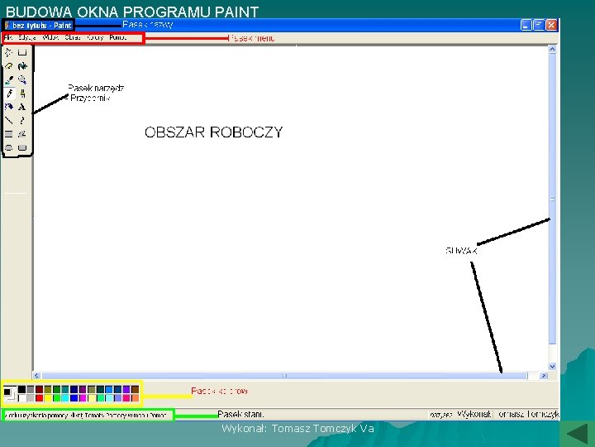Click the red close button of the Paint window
click(x=551, y=26)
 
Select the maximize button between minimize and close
click(x=539, y=26)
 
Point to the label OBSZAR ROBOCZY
click(x=213, y=132)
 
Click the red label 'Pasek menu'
click(x=251, y=39)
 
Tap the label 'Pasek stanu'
click(x=240, y=413)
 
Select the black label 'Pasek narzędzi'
click(x=96, y=88)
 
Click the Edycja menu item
click(x=27, y=37)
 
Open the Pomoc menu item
click(x=118, y=37)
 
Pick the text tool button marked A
click(x=22, y=107)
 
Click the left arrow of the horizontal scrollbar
click(x=37, y=376)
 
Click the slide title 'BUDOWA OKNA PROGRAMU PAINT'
click(x=132, y=12)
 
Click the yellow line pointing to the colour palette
click(x=166, y=396)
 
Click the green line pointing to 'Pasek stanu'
click(x=195, y=415)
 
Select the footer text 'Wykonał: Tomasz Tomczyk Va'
click(x=297, y=428)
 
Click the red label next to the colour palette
click(x=219, y=391)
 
